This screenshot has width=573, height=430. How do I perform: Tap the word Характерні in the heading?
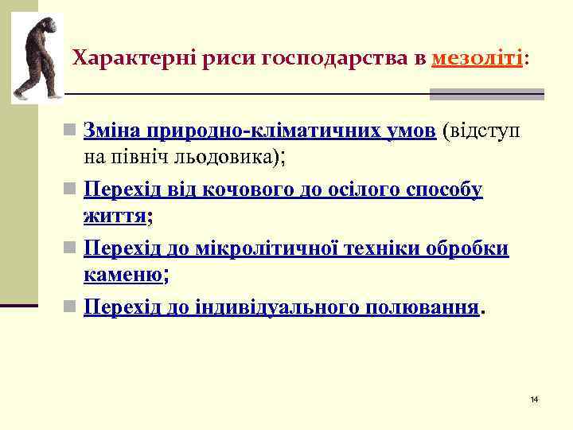click(119, 59)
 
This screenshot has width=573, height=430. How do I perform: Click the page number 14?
click(534, 398)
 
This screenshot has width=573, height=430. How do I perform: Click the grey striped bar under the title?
click(486, 94)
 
